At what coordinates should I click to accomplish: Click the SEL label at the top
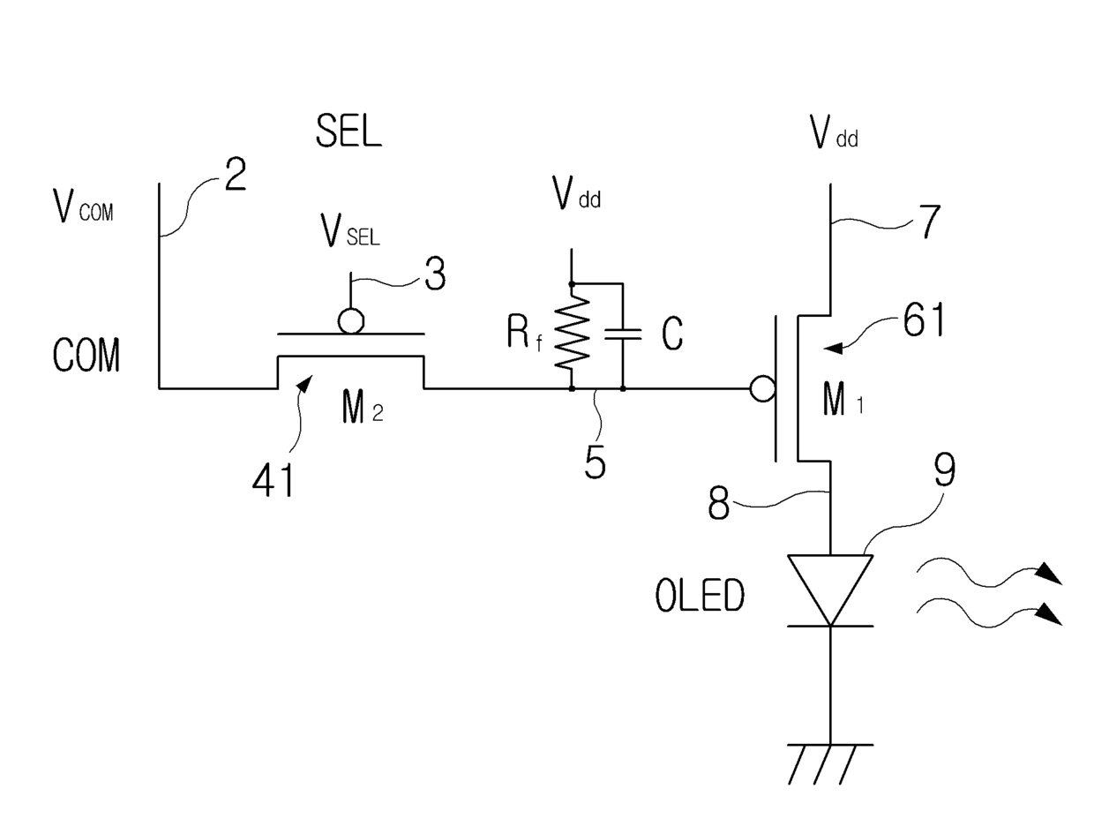point(348,131)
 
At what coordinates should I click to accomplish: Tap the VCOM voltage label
point(83,206)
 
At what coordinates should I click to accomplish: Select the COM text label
point(86,355)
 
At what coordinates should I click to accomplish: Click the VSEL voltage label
point(350,230)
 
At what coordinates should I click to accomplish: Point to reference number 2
point(236,174)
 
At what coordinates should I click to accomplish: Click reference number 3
point(435,274)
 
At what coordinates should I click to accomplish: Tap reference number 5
point(595,462)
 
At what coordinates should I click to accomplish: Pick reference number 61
point(924,320)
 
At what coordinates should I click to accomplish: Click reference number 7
point(928,222)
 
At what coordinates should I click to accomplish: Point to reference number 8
point(718,504)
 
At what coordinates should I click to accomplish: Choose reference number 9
point(945,470)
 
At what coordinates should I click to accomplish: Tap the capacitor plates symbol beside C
point(623,334)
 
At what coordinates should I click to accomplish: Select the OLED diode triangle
point(830,590)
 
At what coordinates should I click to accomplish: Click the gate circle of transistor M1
point(762,388)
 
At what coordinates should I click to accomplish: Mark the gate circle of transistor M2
point(351,320)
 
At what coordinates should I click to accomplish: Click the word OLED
point(700,595)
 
